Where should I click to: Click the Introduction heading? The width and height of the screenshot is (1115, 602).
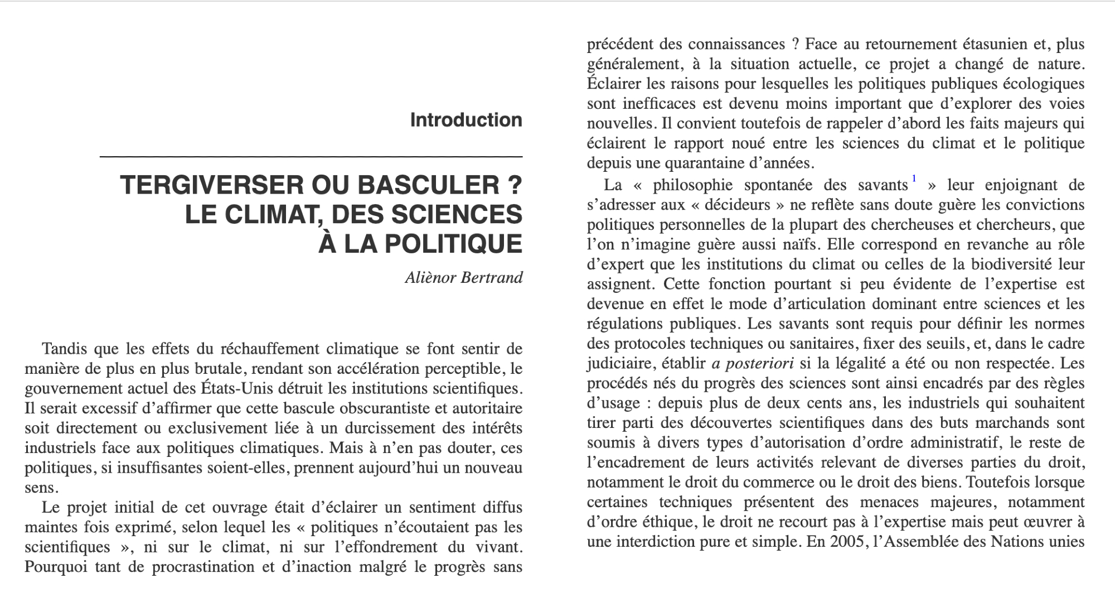pos(466,120)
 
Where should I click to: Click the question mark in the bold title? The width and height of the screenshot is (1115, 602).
pos(516,185)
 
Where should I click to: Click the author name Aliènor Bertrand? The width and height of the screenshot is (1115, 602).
pos(464,277)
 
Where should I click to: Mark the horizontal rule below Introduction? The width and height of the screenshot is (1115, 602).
pos(311,157)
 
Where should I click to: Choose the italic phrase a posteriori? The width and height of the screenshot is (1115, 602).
pos(753,364)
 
